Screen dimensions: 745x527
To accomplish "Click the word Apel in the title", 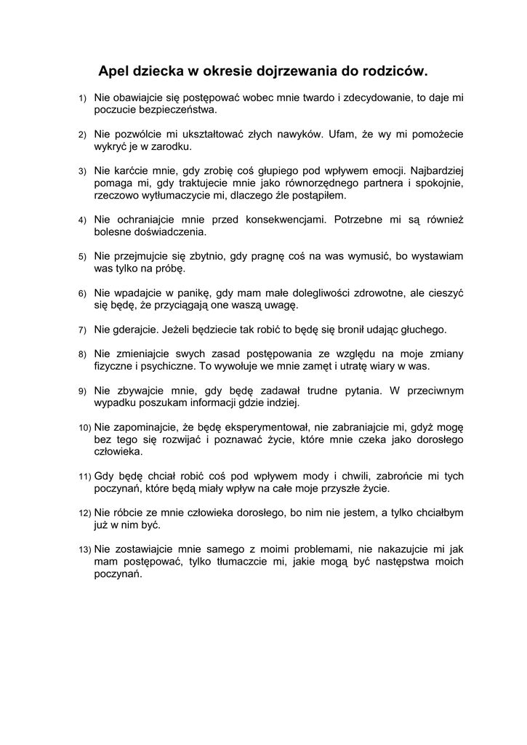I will click(x=115, y=71).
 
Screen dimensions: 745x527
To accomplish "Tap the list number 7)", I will click(x=83, y=330).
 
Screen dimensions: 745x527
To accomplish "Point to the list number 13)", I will click(x=85, y=549).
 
